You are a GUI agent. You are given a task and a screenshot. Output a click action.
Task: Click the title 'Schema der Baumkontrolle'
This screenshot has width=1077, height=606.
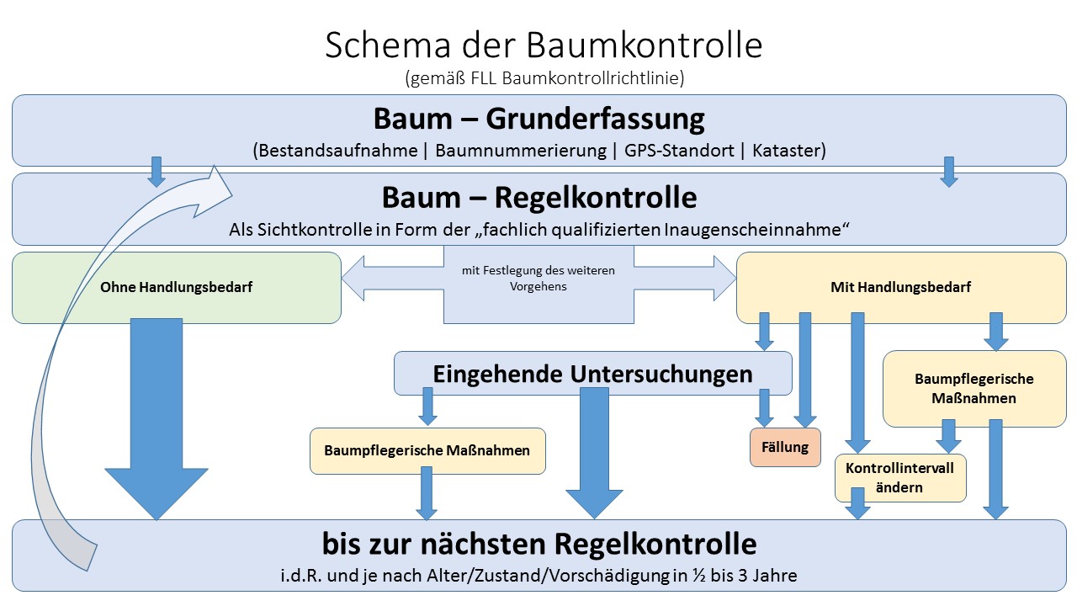[544, 45]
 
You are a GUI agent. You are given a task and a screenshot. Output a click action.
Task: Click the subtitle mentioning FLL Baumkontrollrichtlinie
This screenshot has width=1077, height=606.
[544, 79]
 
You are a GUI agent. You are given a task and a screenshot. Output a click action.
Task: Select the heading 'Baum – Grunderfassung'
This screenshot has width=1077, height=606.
[538, 119]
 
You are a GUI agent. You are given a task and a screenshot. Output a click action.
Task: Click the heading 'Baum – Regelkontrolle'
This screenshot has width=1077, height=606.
[538, 197]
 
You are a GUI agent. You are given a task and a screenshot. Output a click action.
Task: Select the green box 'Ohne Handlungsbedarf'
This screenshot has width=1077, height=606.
[177, 287]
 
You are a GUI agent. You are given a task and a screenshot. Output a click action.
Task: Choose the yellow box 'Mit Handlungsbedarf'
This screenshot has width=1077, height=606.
[900, 287]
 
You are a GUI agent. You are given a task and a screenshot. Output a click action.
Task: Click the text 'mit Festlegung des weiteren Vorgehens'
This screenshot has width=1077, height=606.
[538, 279]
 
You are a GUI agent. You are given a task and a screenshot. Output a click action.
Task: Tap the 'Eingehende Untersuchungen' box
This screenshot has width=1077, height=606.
[592, 374]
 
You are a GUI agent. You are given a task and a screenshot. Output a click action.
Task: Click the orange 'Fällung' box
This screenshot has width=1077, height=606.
[784, 447]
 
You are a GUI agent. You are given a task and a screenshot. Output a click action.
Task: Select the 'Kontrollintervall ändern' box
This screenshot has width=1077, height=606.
[899, 478]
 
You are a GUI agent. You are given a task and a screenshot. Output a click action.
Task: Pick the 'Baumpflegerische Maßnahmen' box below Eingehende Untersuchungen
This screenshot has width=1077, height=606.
[427, 450]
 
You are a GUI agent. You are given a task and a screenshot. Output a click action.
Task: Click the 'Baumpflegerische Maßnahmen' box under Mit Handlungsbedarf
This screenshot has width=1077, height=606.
[974, 388]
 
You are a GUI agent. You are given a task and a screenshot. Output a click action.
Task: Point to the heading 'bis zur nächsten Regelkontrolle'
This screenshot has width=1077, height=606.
[538, 544]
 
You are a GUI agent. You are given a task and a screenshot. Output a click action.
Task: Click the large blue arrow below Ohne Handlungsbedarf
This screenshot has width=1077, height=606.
[156, 421]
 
